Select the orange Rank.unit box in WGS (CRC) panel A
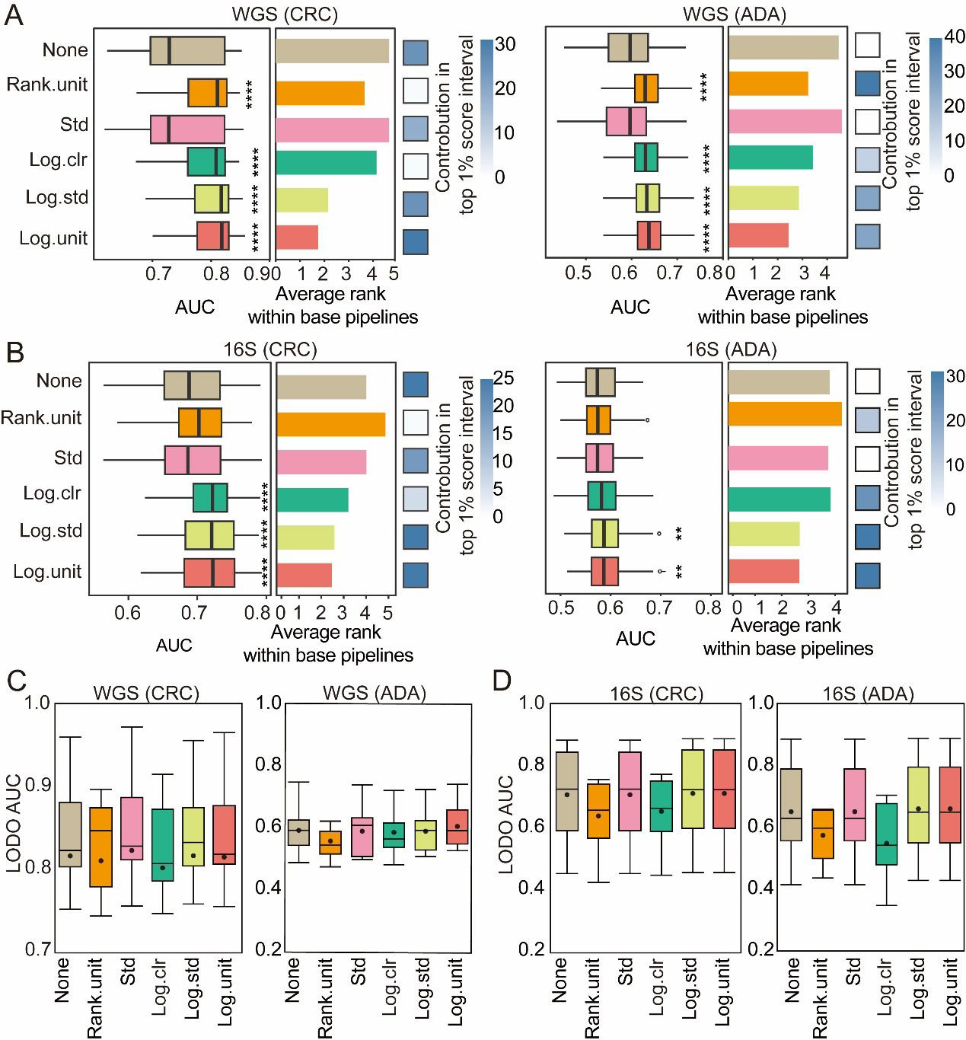[x=208, y=92]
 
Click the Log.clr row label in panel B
[x=52, y=493]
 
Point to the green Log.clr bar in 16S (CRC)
[x=312, y=499]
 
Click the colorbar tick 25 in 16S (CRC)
[x=503, y=378]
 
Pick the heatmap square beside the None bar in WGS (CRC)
[x=416, y=53]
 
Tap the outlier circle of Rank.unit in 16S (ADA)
[x=647, y=420]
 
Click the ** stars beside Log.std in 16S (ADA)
[x=679, y=534]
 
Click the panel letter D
[x=502, y=681]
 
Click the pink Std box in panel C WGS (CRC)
[x=132, y=828]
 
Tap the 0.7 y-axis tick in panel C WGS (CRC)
[x=37, y=949]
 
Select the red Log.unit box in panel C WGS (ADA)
[x=457, y=827]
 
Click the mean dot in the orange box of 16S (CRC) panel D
[x=598, y=815]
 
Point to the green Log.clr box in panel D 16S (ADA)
[x=886, y=834]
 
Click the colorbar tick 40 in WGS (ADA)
[x=954, y=37]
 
